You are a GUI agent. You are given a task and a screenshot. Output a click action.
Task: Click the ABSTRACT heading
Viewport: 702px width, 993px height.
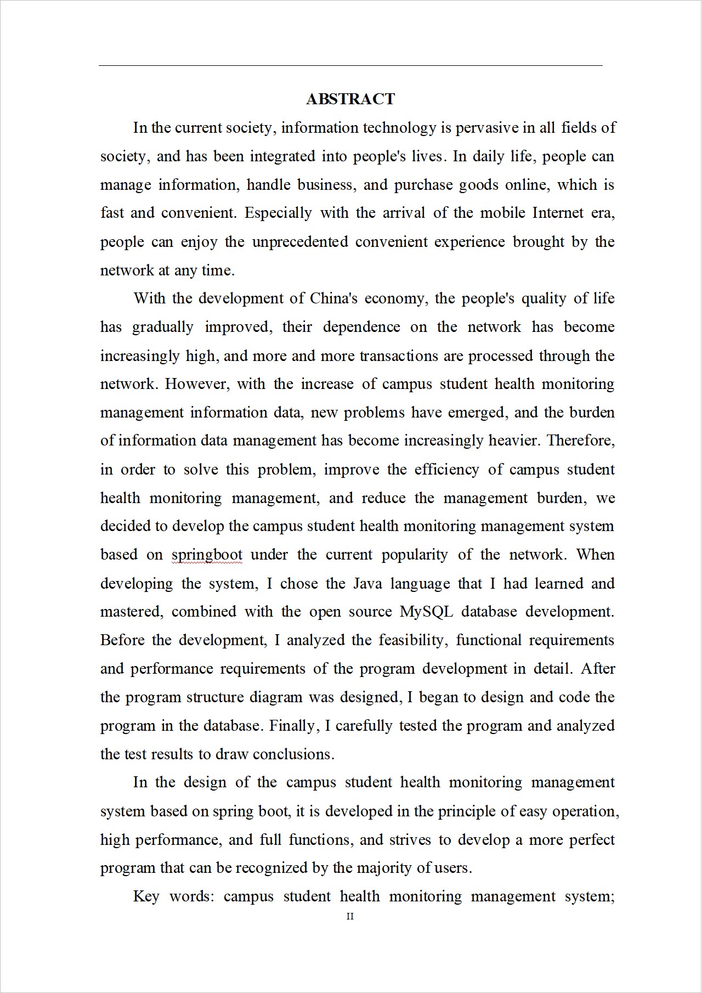(350, 99)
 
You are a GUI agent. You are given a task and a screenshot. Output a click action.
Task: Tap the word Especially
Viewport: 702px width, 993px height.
(278, 213)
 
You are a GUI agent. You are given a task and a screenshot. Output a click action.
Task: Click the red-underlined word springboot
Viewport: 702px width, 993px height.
(207, 555)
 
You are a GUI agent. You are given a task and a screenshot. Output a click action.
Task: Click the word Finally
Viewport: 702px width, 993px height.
(294, 726)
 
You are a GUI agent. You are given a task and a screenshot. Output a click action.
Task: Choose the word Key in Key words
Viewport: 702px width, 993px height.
(146, 896)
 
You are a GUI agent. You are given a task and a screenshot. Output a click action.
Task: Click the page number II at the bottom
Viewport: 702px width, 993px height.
(350, 917)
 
